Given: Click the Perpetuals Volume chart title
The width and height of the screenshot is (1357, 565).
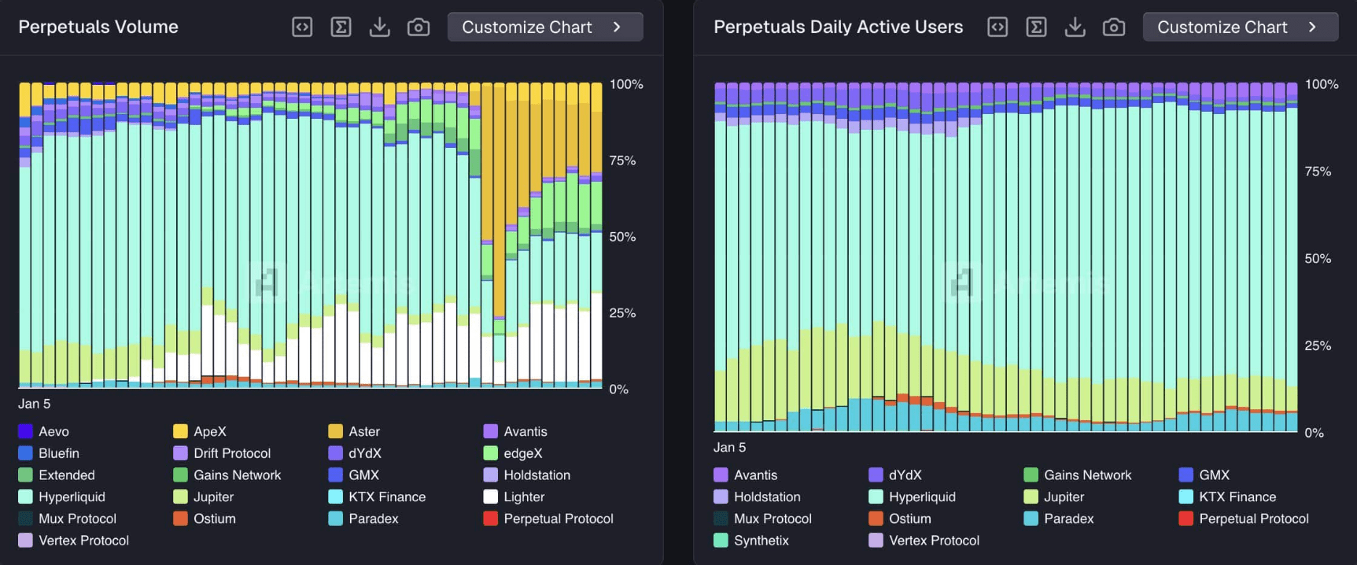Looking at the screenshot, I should pos(98,27).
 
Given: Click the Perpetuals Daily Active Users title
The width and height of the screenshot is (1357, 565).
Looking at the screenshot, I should pos(838,27).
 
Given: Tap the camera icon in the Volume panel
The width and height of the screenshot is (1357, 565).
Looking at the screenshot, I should pos(419,28).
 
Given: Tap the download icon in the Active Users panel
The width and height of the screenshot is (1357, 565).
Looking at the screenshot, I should pos(1075,28).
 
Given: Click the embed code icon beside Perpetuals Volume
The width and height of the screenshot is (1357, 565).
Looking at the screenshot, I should pos(302,28).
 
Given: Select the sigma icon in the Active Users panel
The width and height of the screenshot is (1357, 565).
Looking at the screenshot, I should pos(1036,28).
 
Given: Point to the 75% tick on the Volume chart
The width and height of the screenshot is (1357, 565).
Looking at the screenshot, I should pos(622,161).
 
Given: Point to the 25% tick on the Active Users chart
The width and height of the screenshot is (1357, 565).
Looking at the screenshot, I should pos(1318,345).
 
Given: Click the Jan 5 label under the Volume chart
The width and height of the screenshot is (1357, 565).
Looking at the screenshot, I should pos(35,404).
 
